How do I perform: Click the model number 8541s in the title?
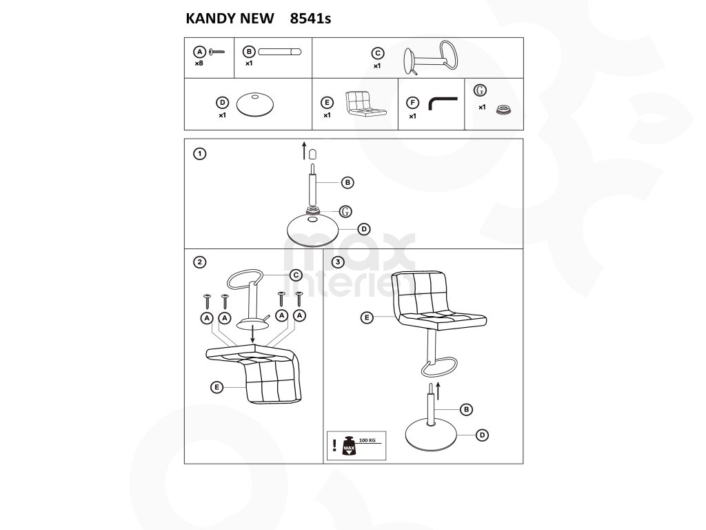coord(311,19)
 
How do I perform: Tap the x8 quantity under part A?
coord(199,63)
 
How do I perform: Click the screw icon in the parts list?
coord(217,52)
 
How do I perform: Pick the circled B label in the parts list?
coord(249,51)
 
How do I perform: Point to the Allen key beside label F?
coord(443,104)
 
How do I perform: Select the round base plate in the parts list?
coord(255,105)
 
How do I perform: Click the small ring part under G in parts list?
coord(503,109)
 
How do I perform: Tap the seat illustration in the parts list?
coord(365,104)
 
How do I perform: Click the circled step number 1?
coord(199,154)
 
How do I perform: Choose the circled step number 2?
coord(199,262)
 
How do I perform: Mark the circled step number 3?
coord(338,262)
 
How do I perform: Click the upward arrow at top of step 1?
coord(304,151)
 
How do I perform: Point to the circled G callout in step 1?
coord(345,211)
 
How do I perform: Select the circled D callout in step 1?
coord(364,229)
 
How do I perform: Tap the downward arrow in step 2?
coord(253,333)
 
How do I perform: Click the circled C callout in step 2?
coord(296,275)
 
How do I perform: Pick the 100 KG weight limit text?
coord(367,440)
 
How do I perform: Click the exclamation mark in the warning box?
coord(334,445)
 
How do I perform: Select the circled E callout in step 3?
coord(367,317)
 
